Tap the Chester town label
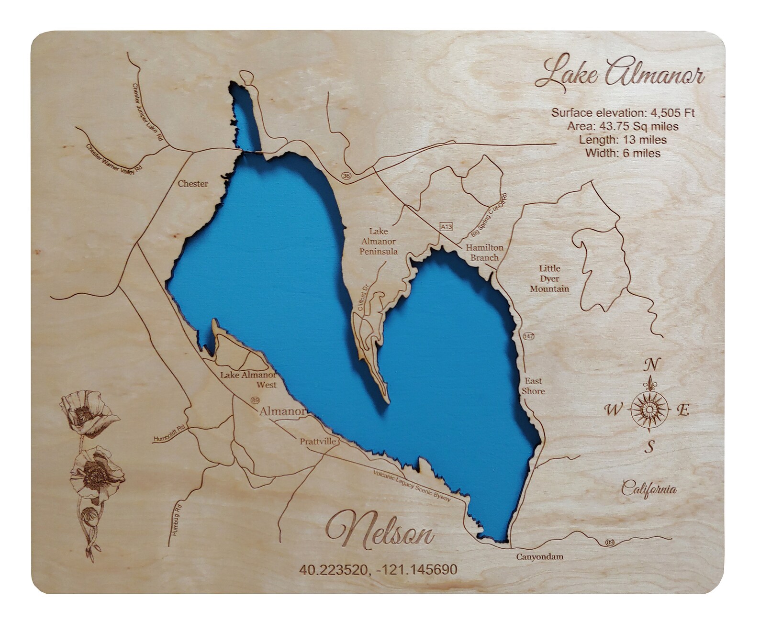193,184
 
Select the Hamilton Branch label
485,252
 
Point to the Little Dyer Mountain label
549,278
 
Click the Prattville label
318,441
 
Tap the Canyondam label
539,556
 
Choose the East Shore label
533,386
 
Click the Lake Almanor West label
248,379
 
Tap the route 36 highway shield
346,177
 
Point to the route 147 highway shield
528,336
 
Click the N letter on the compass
650,365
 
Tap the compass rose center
648,410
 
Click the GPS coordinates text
378,569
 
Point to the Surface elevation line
623,113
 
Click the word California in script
649,489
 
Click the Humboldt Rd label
169,432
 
